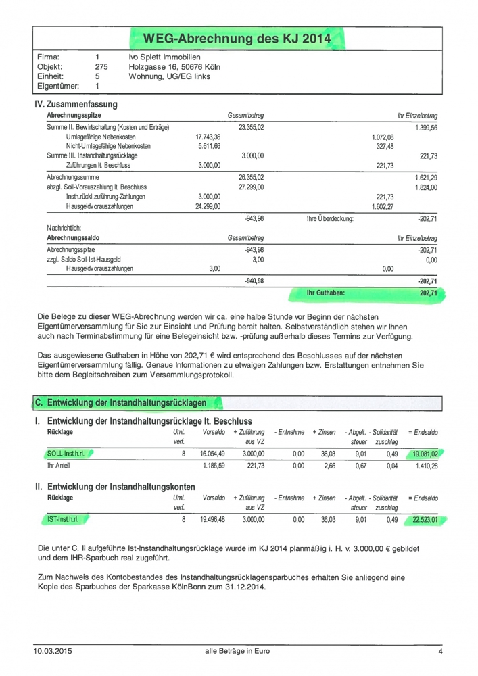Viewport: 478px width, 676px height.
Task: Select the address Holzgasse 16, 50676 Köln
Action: (x=174, y=67)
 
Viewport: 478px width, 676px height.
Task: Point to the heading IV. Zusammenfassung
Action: (x=76, y=105)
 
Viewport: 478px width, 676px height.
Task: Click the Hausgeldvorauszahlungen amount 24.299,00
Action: (x=208, y=206)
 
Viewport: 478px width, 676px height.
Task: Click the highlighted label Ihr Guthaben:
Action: (x=326, y=294)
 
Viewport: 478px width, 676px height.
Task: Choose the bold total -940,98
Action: (x=251, y=281)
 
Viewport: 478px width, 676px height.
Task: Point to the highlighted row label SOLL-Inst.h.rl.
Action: (x=65, y=454)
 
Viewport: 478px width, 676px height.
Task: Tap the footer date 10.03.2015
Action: (x=51, y=652)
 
